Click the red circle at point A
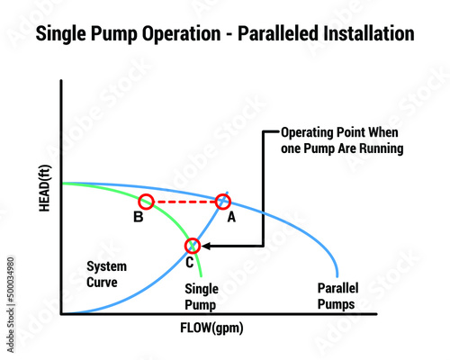pyautogui.click(x=223, y=195)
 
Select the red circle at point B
pyautogui.click(x=147, y=195)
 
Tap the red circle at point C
pyautogui.click(x=193, y=239)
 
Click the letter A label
pyautogui.click(x=231, y=217)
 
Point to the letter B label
pyautogui.click(x=139, y=217)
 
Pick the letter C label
pyautogui.click(x=190, y=263)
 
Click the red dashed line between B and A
pyautogui.click(x=185, y=202)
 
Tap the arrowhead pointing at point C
pyautogui.click(x=205, y=246)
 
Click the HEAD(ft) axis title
pyautogui.click(x=45, y=188)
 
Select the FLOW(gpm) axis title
pyautogui.click(x=211, y=328)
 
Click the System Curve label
pyautogui.click(x=106, y=274)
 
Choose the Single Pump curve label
pyautogui.click(x=202, y=297)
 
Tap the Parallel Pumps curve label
pyautogui.click(x=337, y=296)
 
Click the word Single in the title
pyautogui.click(x=61, y=34)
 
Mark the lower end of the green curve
pyautogui.click(x=201, y=275)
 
